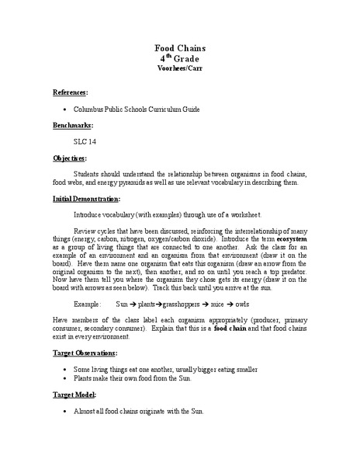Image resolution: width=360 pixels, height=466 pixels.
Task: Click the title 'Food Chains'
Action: pos(179,47)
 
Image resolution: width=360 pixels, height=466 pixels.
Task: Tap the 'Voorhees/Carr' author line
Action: pos(179,68)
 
